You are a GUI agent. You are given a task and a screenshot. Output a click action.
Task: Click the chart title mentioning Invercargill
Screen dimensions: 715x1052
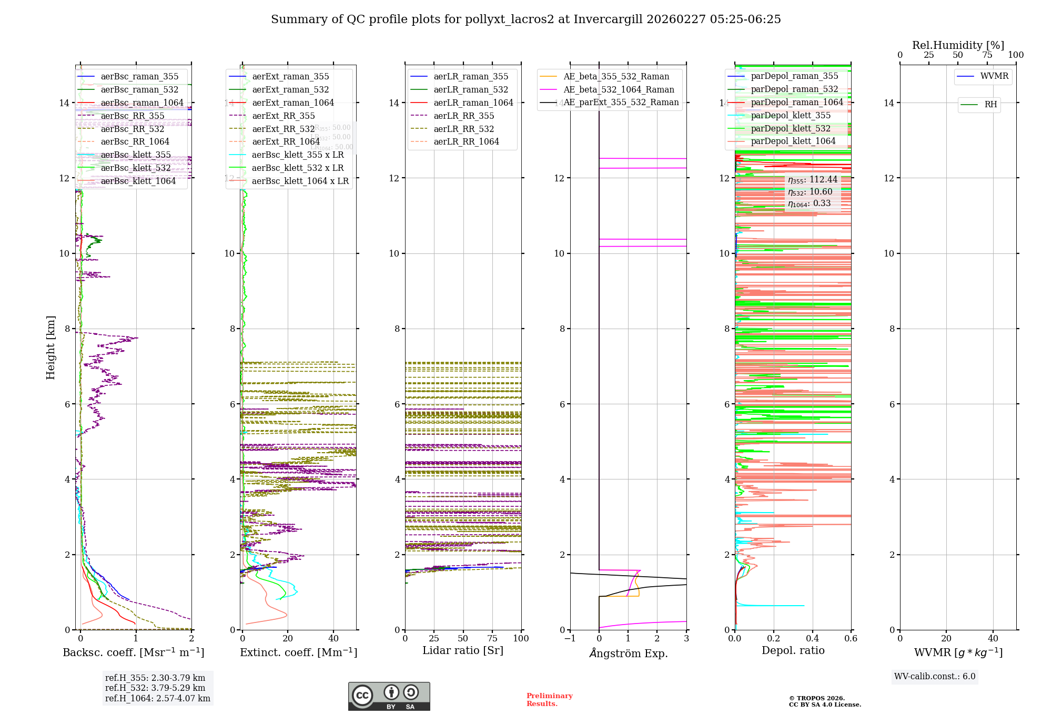coord(526,19)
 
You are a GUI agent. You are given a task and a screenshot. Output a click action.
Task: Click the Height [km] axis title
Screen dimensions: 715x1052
coord(50,348)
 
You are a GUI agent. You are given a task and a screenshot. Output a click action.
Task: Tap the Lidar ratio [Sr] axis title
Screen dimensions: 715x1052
coord(463,650)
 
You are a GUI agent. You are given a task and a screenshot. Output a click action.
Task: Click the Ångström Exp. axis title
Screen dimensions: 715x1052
coord(629,653)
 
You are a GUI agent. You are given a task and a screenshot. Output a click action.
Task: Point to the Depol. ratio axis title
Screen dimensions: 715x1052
coord(793,650)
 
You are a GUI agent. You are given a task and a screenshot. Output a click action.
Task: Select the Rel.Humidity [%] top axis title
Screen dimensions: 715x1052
coord(958,45)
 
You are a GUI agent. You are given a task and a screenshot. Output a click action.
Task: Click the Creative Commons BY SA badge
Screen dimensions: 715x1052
coord(389,697)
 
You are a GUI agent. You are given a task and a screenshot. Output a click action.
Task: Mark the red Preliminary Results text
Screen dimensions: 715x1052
coord(549,700)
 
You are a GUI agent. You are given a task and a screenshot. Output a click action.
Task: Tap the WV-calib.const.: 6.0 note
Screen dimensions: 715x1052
coord(935,677)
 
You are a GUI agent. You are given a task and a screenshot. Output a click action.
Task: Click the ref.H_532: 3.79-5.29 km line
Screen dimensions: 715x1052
coord(155,688)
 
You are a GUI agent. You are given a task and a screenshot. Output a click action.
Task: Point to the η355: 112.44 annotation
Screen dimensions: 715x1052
coord(813,180)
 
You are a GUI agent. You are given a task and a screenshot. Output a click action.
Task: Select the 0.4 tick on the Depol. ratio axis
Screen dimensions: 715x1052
coord(813,639)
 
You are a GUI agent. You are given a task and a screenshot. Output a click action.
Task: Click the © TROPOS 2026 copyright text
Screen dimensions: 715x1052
coord(817,698)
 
